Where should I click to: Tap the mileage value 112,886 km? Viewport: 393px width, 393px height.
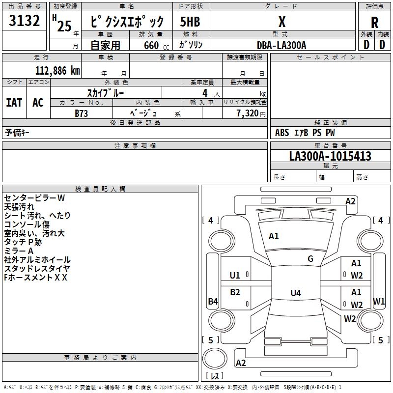point(57,70)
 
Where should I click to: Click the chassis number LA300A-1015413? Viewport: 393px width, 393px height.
point(330,157)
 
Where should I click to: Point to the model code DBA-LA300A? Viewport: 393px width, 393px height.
point(281,45)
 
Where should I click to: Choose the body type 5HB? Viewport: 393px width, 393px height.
point(191,22)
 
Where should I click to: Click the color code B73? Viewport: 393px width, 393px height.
point(82,113)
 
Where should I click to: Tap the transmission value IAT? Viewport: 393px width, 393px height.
point(14,102)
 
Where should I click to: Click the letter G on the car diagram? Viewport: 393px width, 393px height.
point(310,259)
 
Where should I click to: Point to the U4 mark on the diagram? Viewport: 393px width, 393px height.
point(295,293)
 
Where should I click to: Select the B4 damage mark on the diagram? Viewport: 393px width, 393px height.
point(213,302)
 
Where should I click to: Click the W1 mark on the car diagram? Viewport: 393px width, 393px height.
point(379,301)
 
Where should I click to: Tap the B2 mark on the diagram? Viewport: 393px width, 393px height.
point(235,292)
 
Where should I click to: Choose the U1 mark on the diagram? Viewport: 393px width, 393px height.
point(235,275)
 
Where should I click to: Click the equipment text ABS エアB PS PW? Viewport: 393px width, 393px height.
point(305,133)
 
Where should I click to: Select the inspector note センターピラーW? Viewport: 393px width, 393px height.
point(34,198)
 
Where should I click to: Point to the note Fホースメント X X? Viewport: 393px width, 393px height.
point(35,278)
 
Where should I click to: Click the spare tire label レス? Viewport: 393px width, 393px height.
point(215,376)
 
